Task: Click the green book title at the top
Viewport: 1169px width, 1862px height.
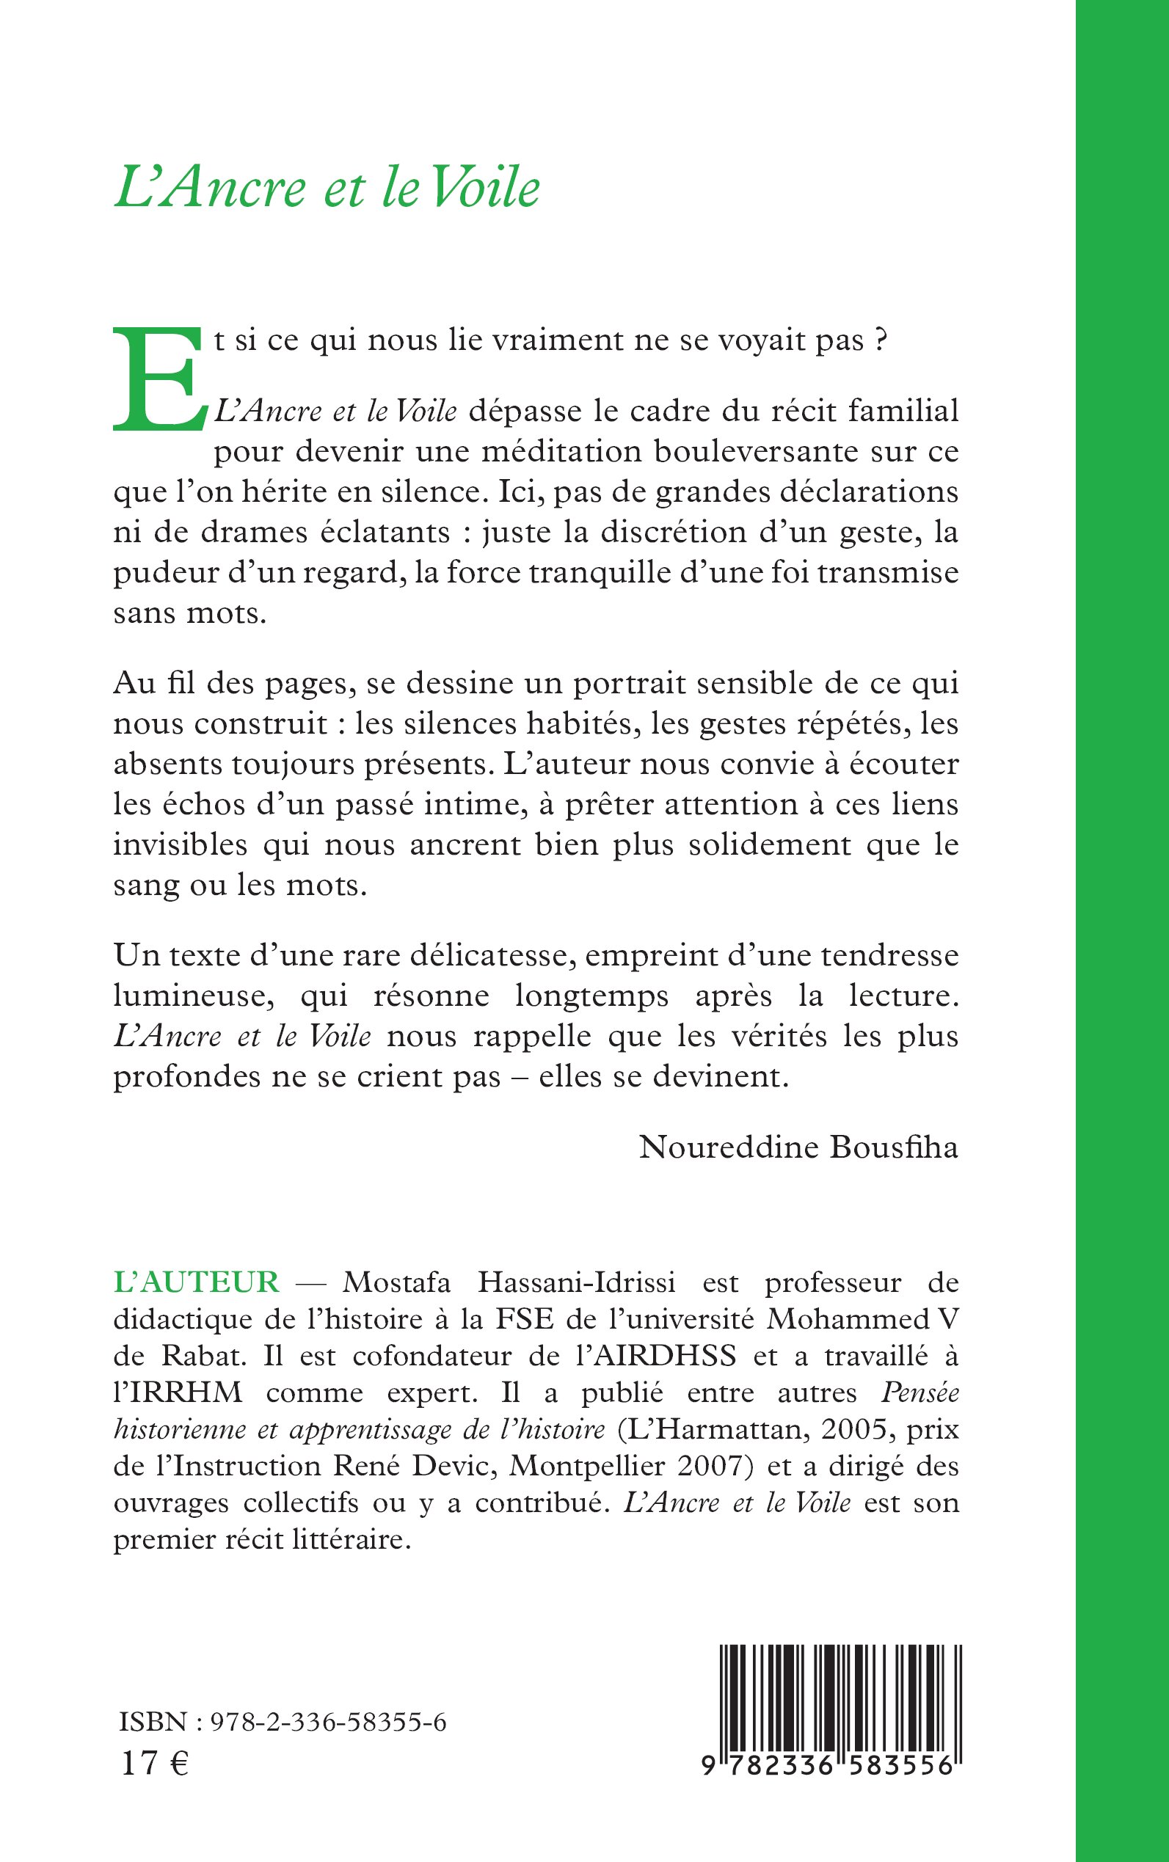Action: (x=327, y=188)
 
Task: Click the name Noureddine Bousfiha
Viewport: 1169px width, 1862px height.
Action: (x=798, y=1147)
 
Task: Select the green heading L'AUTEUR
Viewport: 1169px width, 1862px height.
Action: (x=196, y=1282)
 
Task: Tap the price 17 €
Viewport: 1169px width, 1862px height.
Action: (x=155, y=1764)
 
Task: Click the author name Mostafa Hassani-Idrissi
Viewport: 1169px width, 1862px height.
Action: (x=509, y=1282)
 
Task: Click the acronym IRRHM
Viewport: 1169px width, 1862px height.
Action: (x=178, y=1392)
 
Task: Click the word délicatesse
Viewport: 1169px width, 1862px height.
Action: (x=491, y=956)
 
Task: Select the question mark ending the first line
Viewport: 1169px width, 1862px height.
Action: (x=880, y=341)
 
